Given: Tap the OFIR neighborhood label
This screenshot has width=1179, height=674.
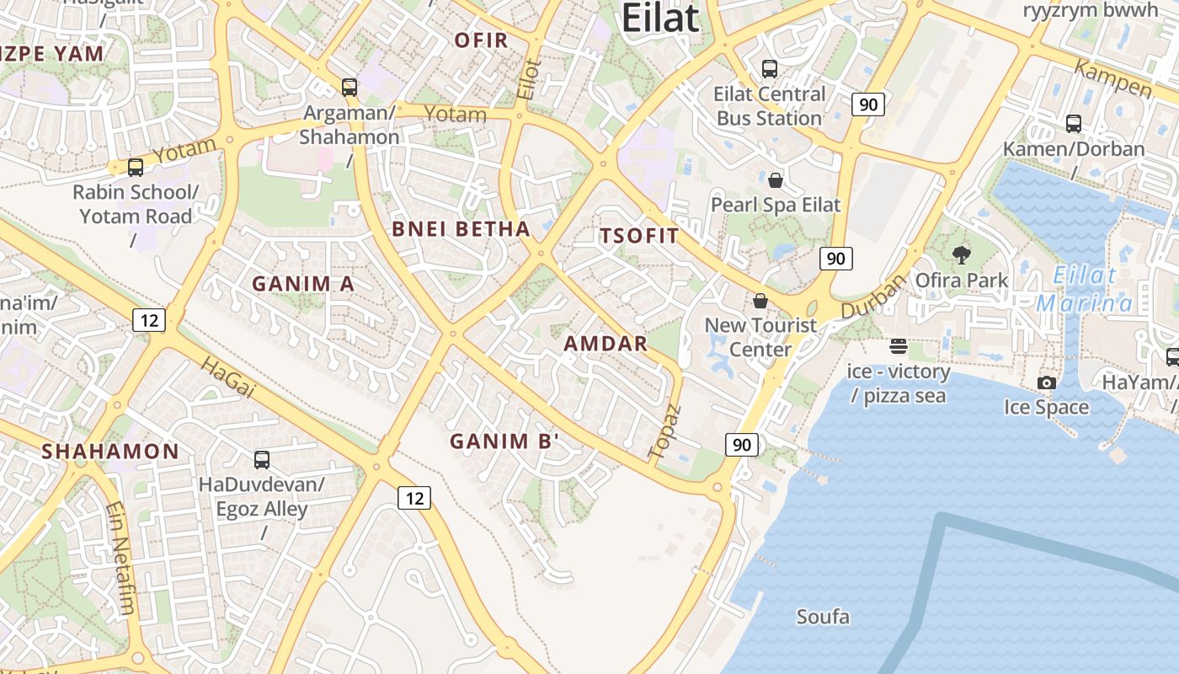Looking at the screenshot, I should (481, 40).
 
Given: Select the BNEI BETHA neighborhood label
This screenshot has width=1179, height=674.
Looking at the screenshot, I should (461, 228).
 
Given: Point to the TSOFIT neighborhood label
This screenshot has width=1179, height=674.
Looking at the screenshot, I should (639, 236).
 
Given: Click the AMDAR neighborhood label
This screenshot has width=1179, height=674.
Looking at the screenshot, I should (606, 343).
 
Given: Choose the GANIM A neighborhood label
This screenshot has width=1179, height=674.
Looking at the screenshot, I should (303, 284).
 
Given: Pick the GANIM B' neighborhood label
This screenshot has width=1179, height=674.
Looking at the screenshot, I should (504, 441).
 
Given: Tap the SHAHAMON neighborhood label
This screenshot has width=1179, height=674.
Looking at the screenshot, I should (110, 451).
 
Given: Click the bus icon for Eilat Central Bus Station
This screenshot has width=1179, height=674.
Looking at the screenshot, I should (769, 69).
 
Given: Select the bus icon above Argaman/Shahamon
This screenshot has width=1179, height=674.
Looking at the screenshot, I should (349, 87).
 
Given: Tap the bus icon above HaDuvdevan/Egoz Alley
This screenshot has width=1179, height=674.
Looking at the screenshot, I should (262, 460).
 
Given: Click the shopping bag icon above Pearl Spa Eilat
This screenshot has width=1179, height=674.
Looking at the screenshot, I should (776, 180).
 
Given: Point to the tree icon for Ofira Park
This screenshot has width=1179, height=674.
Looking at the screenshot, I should (961, 255).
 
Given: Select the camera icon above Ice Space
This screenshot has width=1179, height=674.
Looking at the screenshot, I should (1047, 382).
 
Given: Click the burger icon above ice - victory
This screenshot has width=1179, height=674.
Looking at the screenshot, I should (898, 346).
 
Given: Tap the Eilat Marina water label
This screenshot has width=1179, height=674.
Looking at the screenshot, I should (1085, 289).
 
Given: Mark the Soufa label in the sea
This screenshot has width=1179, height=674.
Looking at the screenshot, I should (823, 617).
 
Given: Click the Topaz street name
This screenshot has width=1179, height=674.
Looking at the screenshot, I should (664, 431).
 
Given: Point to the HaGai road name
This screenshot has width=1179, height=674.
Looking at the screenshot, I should (227, 376).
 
